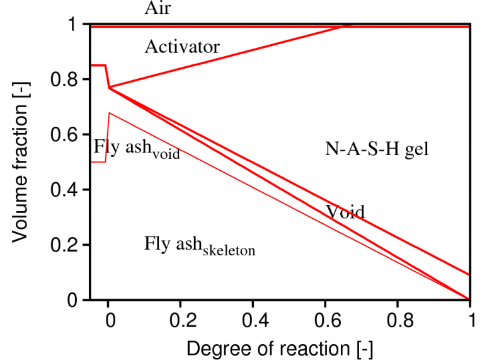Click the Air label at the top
(158, 8)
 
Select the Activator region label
(182, 47)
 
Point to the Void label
(345, 211)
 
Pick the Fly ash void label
(137, 148)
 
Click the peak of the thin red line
(109, 113)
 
